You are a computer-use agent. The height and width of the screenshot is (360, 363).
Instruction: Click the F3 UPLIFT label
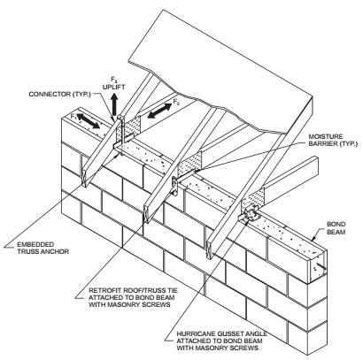tap(113, 83)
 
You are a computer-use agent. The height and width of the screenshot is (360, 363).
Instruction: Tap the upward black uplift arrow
tap(114, 103)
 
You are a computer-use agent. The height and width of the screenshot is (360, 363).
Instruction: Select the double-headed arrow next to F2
tap(159, 111)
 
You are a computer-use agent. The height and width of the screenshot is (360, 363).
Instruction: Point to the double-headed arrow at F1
tap(89, 120)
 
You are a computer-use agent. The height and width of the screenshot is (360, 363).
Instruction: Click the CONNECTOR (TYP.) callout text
tap(59, 94)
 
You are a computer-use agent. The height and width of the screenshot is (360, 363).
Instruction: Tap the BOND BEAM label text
tap(336, 228)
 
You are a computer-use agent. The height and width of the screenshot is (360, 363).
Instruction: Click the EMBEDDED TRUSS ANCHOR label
tap(42, 249)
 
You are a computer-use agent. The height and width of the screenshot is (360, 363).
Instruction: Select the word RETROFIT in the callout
tap(104, 291)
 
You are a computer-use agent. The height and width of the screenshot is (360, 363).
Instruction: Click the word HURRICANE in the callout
tap(195, 334)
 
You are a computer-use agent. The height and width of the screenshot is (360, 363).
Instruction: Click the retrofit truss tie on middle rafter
tap(175, 187)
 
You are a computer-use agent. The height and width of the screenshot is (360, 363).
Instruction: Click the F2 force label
tap(176, 102)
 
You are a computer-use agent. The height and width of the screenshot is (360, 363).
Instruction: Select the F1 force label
tap(73, 116)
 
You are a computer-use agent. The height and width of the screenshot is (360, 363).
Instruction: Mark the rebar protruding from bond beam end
tap(321, 266)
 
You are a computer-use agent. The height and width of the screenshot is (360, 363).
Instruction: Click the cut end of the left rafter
tap(84, 178)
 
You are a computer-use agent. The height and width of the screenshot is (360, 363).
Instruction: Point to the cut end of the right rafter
tap(211, 250)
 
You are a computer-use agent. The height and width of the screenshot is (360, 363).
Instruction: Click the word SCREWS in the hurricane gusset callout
tap(246, 349)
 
